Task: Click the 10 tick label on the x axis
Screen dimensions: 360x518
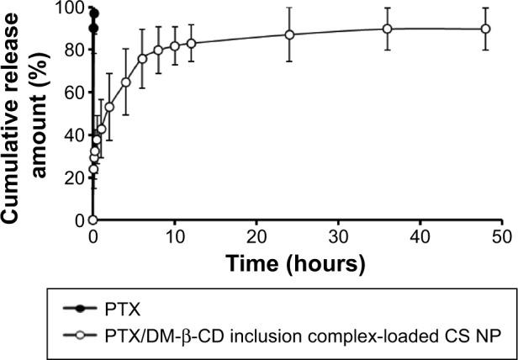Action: click(174, 237)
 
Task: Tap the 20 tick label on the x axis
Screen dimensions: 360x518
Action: click(256, 237)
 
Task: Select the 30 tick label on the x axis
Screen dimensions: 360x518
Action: click(337, 237)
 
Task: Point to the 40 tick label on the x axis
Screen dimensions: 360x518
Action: click(419, 237)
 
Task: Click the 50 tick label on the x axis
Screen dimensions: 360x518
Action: click(499, 237)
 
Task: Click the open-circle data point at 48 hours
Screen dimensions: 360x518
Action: click(485, 29)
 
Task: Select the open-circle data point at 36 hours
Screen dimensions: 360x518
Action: click(388, 29)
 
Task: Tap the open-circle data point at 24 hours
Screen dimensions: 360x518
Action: click(289, 34)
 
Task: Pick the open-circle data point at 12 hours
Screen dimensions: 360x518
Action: click(191, 43)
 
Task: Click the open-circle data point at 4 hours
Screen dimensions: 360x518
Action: click(126, 82)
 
